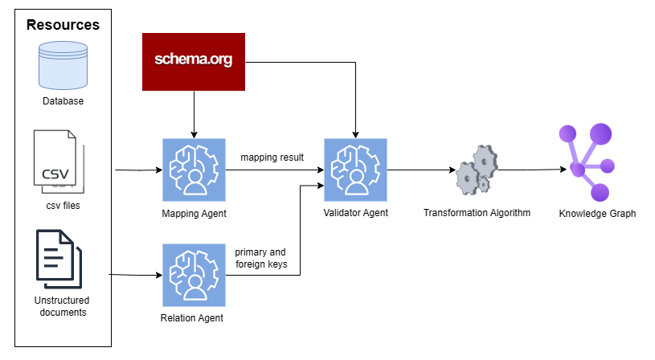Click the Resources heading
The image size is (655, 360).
tap(63, 24)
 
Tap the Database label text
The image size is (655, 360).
tap(63, 101)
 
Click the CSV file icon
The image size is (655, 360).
tap(56, 162)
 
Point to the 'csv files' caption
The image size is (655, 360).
tap(63, 205)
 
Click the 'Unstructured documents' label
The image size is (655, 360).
tap(63, 306)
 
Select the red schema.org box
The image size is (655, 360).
tap(193, 61)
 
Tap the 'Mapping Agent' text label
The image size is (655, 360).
tap(194, 214)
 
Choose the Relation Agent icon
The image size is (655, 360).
tap(193, 276)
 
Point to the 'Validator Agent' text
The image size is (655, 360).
tap(355, 213)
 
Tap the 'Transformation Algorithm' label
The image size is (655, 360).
tap(477, 213)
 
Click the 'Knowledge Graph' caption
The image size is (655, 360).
tap(597, 214)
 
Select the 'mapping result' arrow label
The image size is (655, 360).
tap(272, 157)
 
